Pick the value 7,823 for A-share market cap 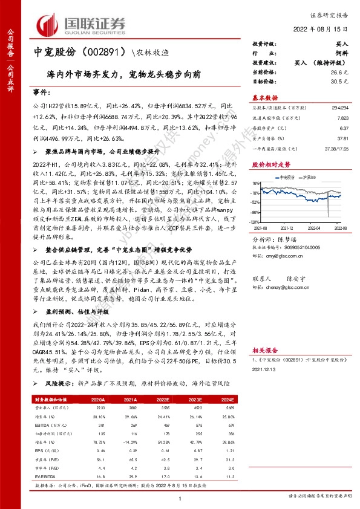(x=342, y=119)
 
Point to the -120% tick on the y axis (x=257, y=222)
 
